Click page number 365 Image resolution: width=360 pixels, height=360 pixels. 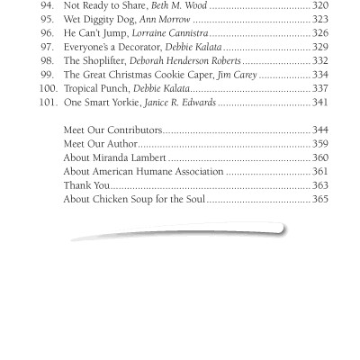[320, 225]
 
